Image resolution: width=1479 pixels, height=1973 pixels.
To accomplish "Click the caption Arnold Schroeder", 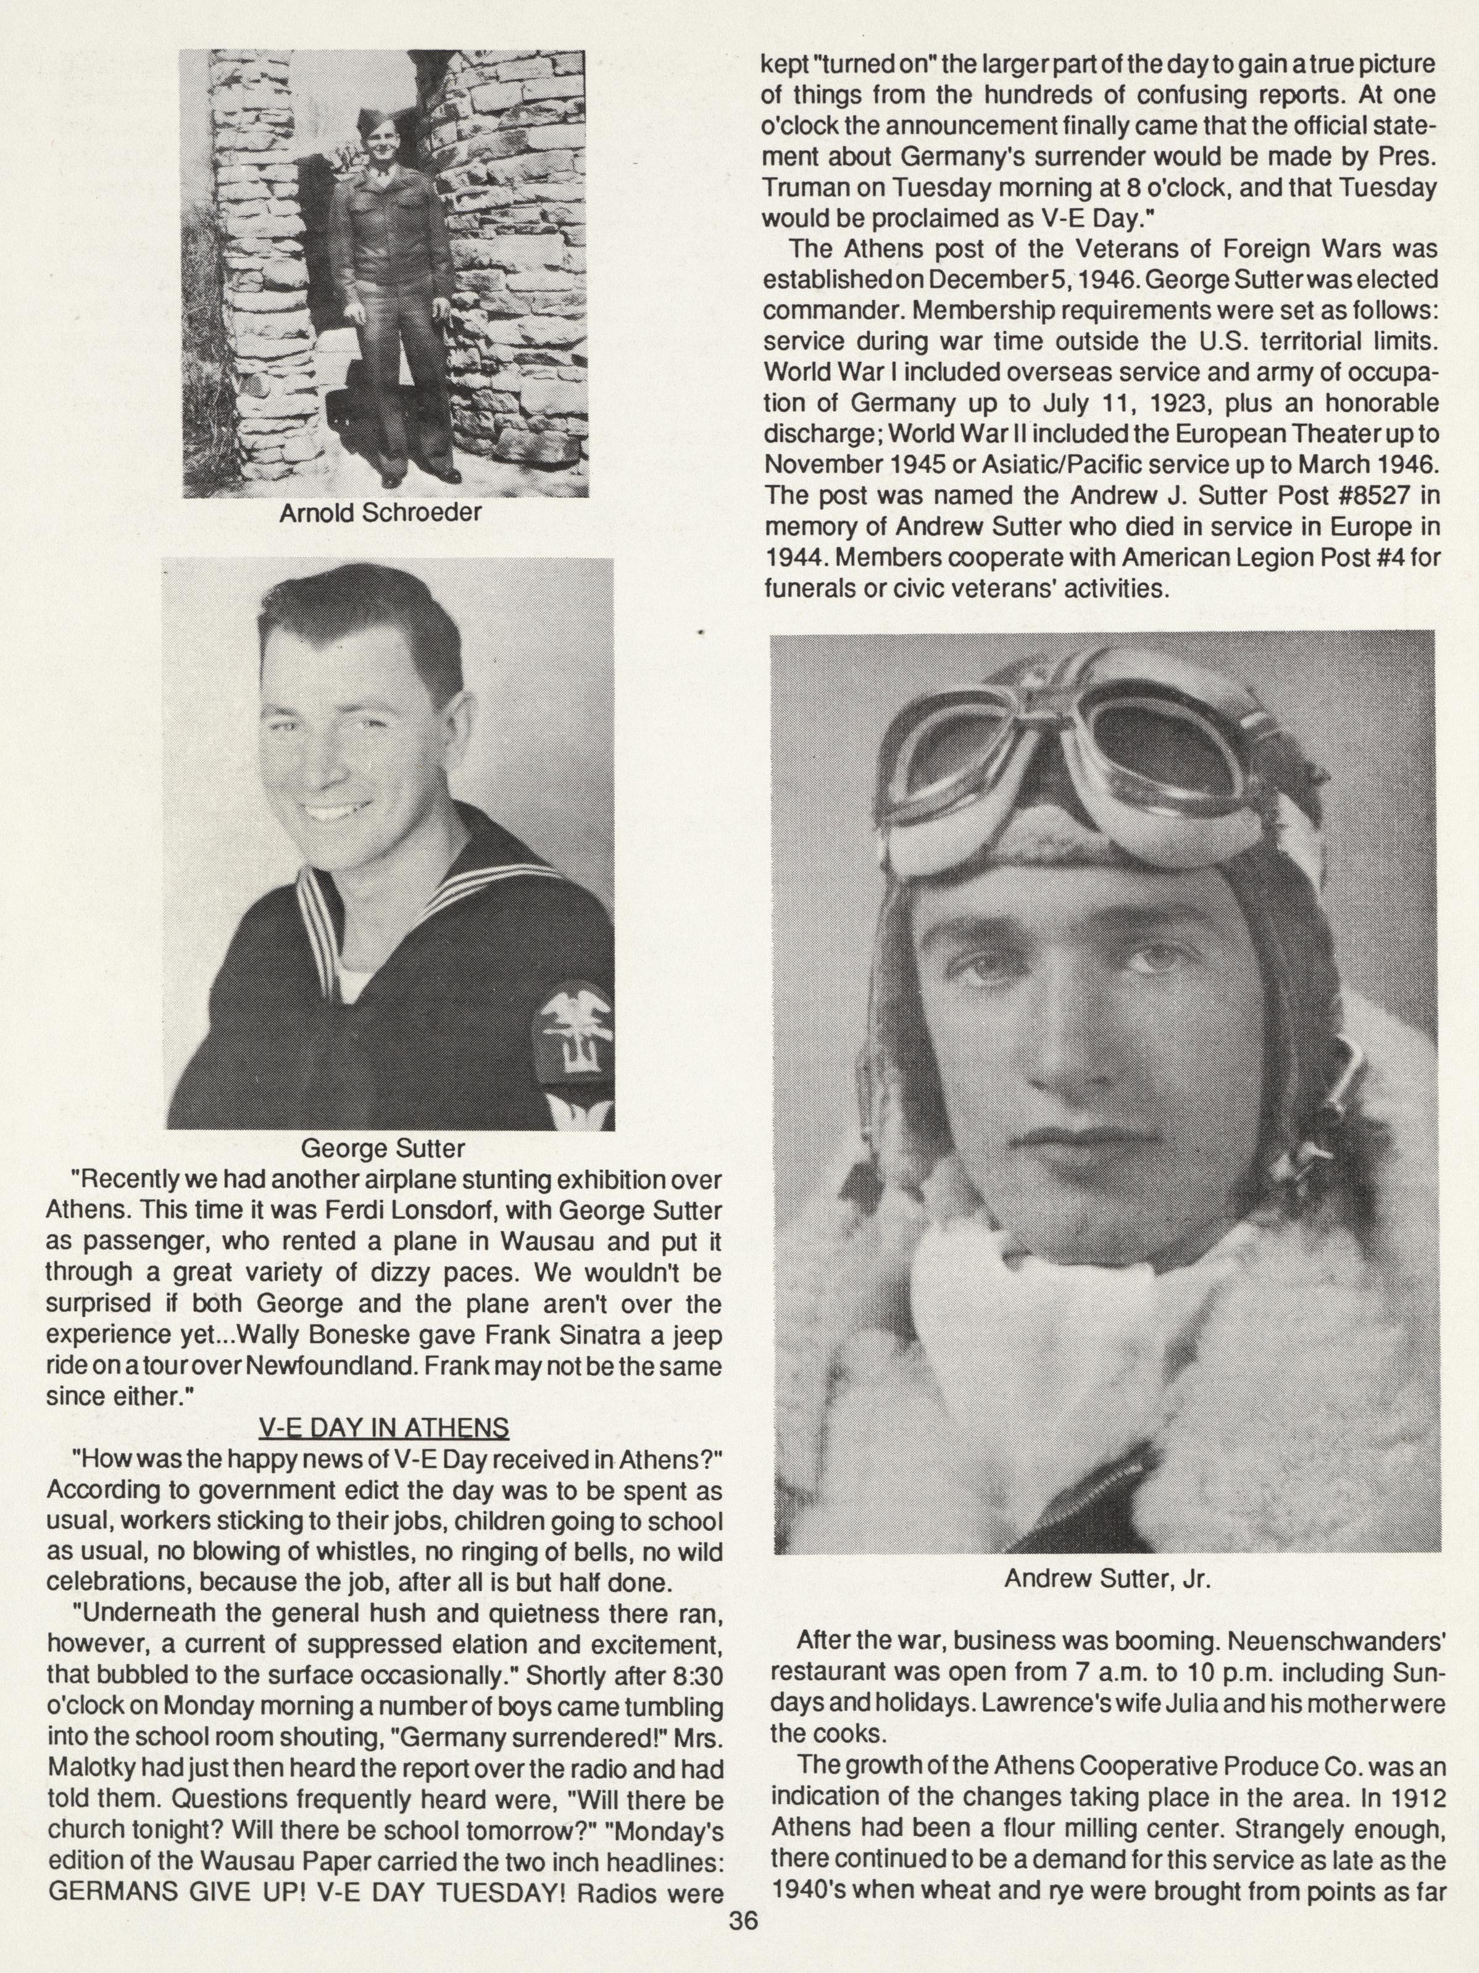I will coord(381,514).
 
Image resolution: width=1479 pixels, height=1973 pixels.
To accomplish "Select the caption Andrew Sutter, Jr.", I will coord(1106,1579).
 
